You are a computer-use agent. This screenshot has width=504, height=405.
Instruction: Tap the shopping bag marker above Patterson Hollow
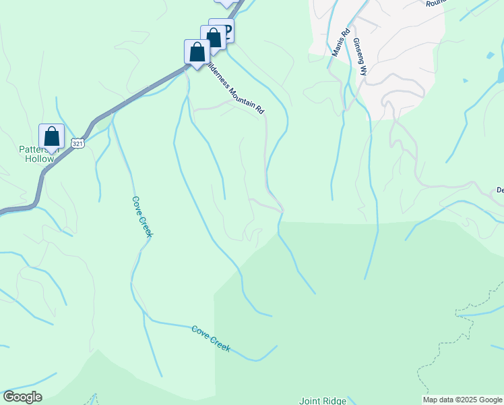coord(52,136)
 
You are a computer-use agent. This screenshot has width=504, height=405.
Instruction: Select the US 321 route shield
coord(79,144)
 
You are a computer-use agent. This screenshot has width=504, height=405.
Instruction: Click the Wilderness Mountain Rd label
coord(234,89)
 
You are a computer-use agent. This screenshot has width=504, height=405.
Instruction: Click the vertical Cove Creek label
coord(142,217)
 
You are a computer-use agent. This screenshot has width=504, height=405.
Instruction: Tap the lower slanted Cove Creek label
coord(211,339)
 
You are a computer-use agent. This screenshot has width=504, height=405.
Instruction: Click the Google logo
coord(22,397)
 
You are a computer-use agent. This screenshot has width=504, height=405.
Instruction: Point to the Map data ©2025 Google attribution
coord(462,400)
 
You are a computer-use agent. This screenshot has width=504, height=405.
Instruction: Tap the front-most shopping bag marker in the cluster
coord(196,53)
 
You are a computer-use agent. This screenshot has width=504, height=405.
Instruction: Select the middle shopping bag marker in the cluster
coord(213,38)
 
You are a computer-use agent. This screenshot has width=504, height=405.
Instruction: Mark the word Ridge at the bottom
coord(335,400)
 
